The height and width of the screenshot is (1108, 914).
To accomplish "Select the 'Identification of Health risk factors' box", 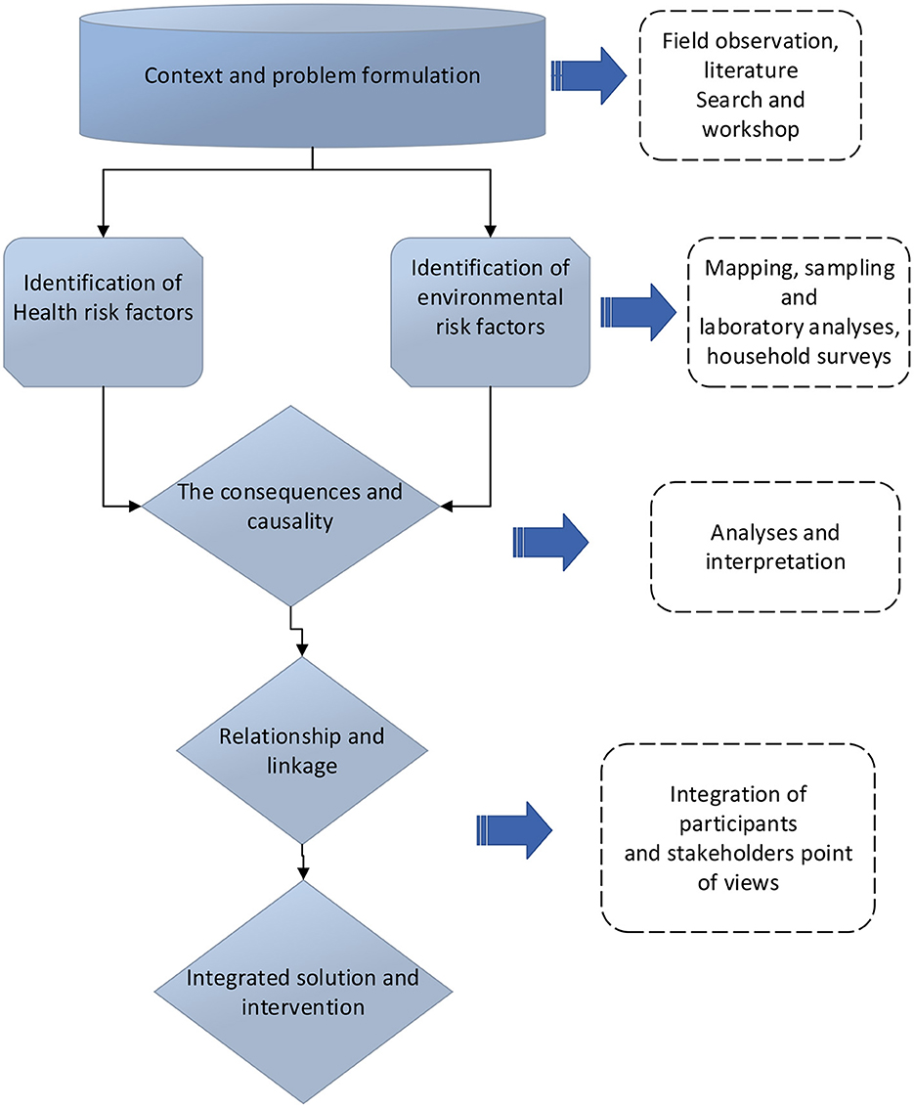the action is tap(103, 312).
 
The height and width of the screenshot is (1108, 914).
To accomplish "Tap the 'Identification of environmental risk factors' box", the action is tap(490, 312).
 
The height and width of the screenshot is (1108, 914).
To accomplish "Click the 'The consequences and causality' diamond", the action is tap(290, 506).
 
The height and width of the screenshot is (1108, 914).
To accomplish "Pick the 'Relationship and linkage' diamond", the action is tap(302, 750).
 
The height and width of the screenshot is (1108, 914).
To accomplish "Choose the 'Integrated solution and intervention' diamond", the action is tap(303, 992).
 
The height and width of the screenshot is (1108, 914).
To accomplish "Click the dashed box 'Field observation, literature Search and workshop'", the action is tap(750, 85).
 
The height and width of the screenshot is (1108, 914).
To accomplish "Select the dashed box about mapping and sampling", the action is tap(799, 312).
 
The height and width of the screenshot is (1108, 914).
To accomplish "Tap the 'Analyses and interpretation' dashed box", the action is tap(775, 547).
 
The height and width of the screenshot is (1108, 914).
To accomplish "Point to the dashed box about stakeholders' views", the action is tap(738, 838).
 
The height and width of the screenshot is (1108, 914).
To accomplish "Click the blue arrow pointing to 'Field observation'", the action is tap(588, 75).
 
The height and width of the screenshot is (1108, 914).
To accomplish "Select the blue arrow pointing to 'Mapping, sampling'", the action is tap(637, 312).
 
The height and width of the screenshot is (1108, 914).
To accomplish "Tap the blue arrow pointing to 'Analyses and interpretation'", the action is tap(550, 542).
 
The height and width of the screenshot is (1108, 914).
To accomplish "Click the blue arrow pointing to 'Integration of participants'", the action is tap(514, 830).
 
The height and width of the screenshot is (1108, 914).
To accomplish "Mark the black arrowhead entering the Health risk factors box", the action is tap(103, 231).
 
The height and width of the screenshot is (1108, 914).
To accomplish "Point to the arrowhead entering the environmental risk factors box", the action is tap(490, 231).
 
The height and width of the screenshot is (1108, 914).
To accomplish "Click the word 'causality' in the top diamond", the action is tap(289, 521).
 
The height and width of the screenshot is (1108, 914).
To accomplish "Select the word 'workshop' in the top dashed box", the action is tap(750, 129).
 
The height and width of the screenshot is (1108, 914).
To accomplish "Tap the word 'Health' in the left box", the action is tap(42, 312).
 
